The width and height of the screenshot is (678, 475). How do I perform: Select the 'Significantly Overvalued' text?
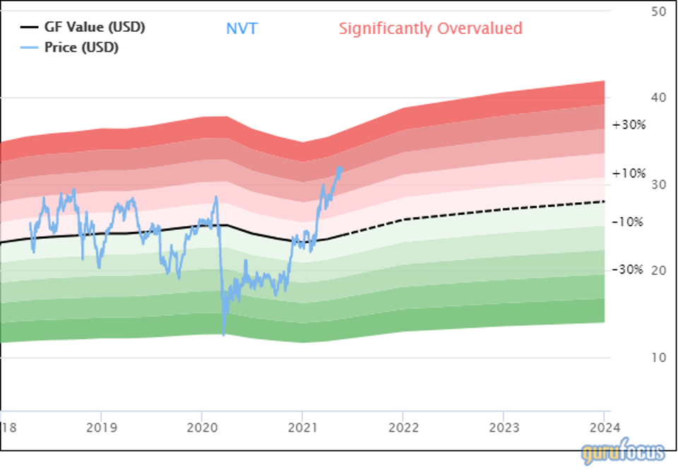click(x=430, y=28)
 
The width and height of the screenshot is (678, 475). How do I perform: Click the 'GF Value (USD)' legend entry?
click(x=94, y=28)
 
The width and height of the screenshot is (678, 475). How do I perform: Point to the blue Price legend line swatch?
click(x=29, y=47)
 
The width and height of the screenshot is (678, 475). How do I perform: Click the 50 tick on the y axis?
click(x=658, y=11)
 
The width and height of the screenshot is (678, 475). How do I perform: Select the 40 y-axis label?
click(x=658, y=98)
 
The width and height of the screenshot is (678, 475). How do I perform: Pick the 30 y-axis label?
click(x=658, y=184)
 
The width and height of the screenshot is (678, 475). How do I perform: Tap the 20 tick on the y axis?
click(x=658, y=271)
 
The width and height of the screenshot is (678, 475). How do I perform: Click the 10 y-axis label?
click(x=658, y=358)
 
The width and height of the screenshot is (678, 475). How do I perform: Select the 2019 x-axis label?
click(x=101, y=428)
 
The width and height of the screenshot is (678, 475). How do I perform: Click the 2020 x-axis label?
click(x=201, y=428)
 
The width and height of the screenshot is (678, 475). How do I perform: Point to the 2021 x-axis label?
click(x=302, y=428)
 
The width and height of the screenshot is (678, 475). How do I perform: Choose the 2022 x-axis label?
click(x=403, y=428)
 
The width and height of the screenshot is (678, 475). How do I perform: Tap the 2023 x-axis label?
click(x=503, y=428)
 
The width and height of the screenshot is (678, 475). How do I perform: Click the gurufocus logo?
click(x=622, y=452)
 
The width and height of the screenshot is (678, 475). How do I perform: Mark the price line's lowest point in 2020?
click(x=224, y=336)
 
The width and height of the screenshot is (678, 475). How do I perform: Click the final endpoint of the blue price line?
click(x=341, y=168)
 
